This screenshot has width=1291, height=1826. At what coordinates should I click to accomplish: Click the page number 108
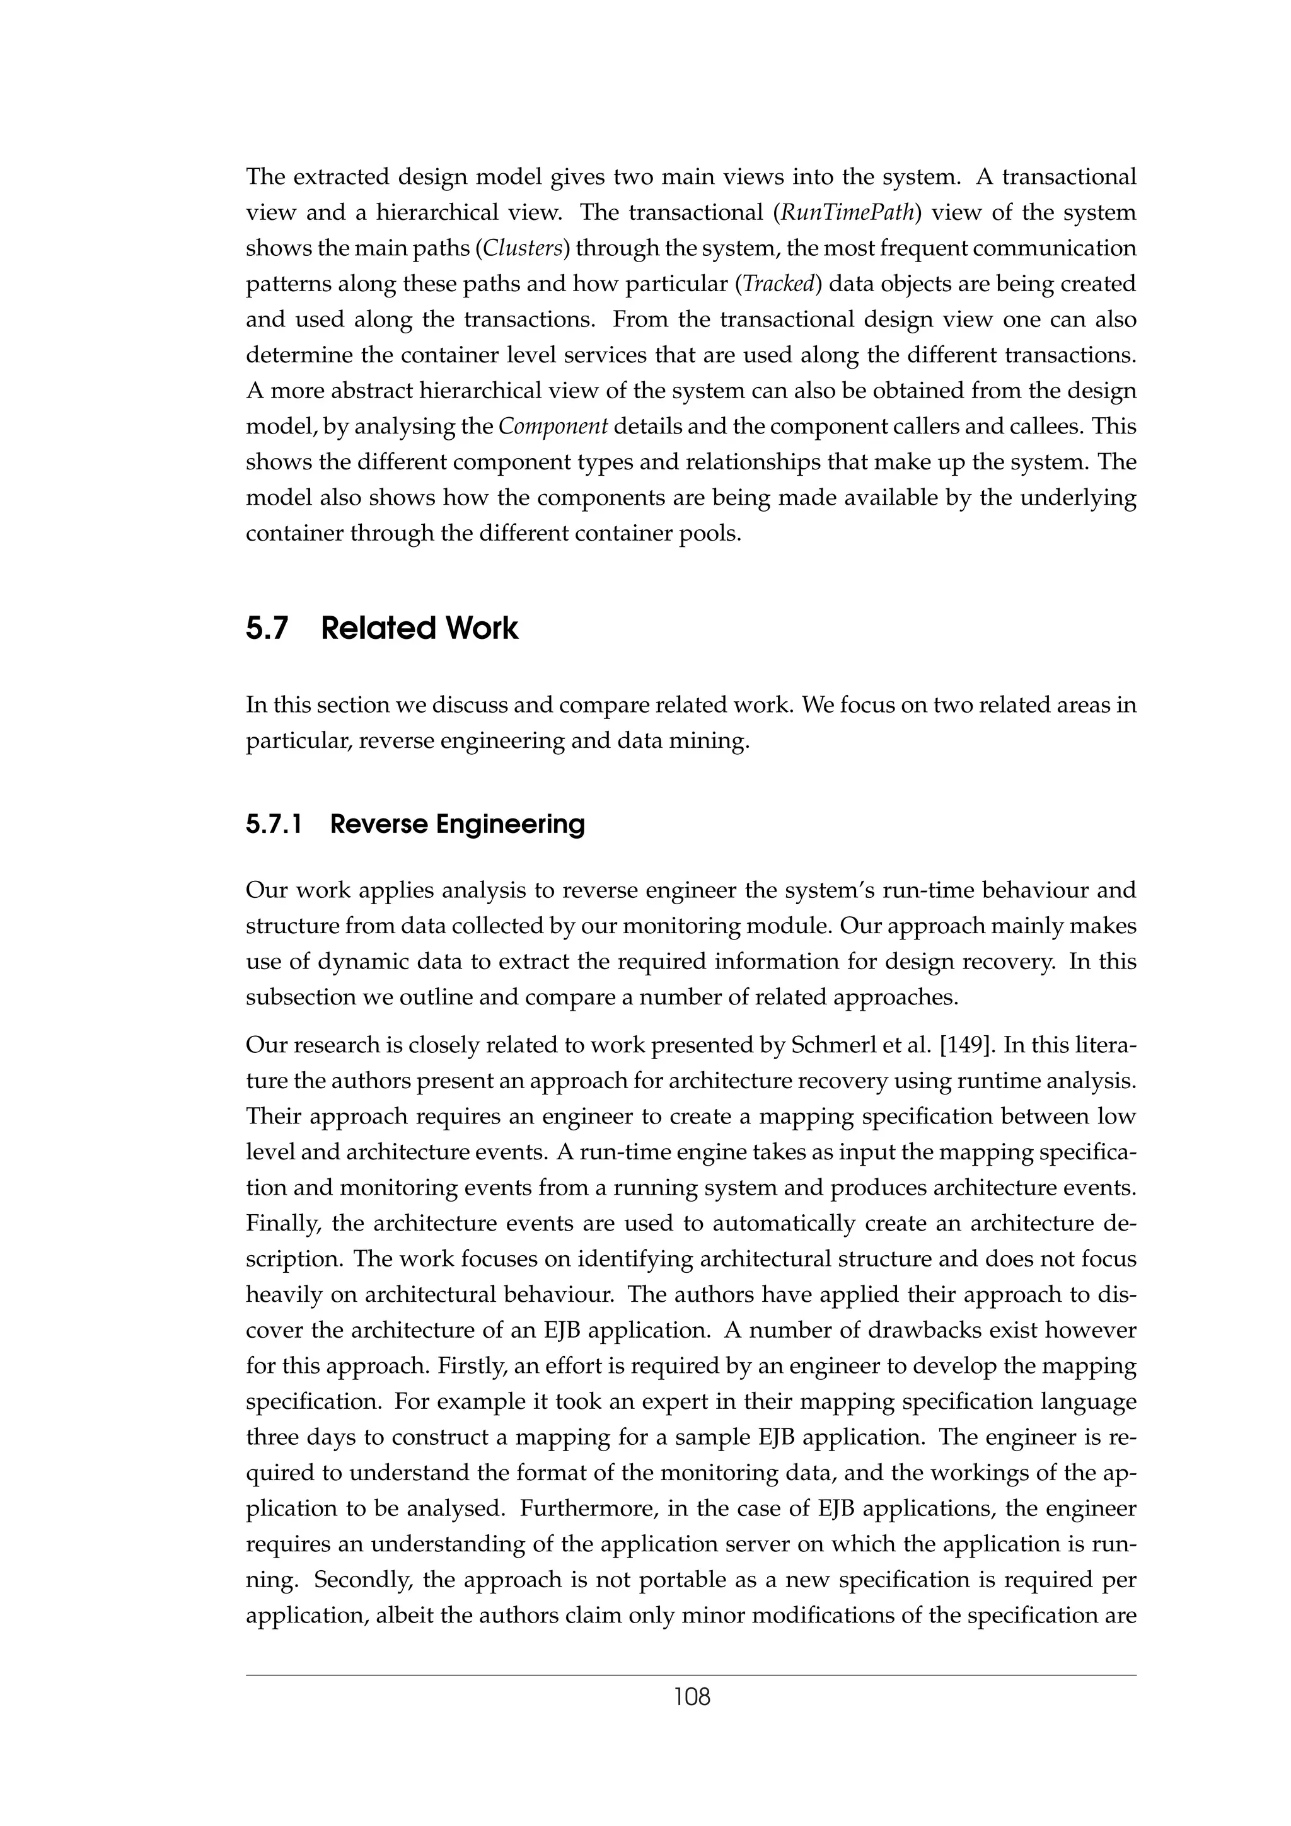692,1698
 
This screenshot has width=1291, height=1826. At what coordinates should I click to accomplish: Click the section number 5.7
267,628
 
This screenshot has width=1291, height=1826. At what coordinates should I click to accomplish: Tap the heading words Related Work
419,628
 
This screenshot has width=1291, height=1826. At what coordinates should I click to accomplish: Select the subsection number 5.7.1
274,824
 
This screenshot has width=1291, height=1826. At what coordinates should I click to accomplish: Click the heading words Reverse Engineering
458,824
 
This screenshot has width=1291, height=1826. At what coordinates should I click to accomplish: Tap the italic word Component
553,427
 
